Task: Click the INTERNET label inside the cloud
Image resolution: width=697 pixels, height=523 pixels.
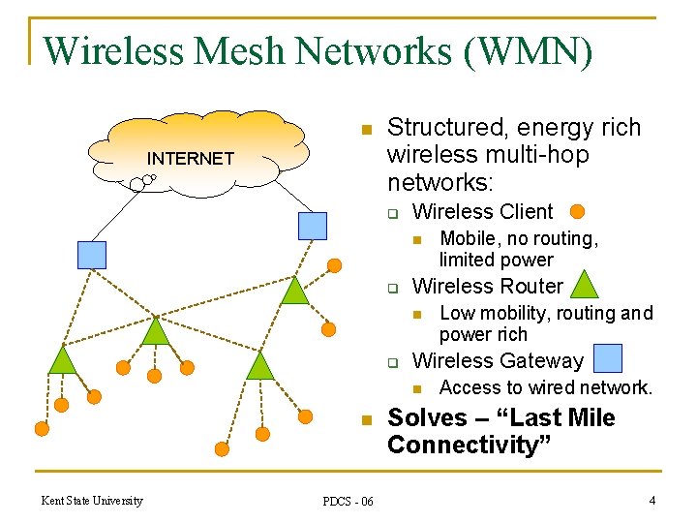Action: click(x=190, y=158)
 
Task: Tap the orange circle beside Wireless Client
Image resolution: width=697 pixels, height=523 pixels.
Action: click(x=577, y=211)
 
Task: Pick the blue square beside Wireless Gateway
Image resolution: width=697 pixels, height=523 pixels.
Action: click(x=607, y=359)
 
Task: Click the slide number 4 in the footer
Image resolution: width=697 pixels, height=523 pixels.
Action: click(x=652, y=500)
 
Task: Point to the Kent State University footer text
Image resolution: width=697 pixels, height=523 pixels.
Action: click(x=92, y=501)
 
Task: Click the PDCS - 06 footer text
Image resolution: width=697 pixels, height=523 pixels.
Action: click(x=348, y=501)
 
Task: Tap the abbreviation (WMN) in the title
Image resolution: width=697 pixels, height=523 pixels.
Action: click(x=529, y=50)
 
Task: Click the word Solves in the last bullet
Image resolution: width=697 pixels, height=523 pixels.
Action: click(x=424, y=418)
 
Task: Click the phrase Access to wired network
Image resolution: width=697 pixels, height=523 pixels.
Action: click(x=546, y=387)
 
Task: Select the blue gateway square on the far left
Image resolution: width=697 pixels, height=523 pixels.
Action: click(x=91, y=255)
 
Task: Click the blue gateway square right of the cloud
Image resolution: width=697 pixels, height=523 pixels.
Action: click(x=313, y=226)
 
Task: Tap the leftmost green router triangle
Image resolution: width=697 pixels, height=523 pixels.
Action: click(x=62, y=360)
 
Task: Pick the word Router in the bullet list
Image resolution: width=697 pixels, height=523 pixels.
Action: click(x=528, y=286)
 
